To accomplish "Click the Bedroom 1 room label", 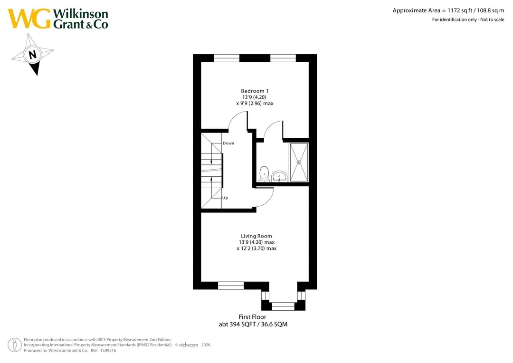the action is (x=255, y=91).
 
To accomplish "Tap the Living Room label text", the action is (x=256, y=236).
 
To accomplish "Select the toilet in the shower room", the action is (x=264, y=174).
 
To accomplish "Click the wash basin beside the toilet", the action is (x=279, y=176).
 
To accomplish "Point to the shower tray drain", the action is (x=299, y=162).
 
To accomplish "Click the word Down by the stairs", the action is (x=228, y=143).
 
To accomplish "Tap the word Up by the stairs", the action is (x=225, y=198).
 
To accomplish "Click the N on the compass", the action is (x=32, y=54).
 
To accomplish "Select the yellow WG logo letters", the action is (x=29, y=19).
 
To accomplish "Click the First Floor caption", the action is (x=252, y=317).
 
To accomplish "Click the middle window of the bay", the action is (x=283, y=306).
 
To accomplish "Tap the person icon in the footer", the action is (x=15, y=345).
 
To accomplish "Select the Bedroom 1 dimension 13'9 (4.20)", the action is (x=254, y=97).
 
